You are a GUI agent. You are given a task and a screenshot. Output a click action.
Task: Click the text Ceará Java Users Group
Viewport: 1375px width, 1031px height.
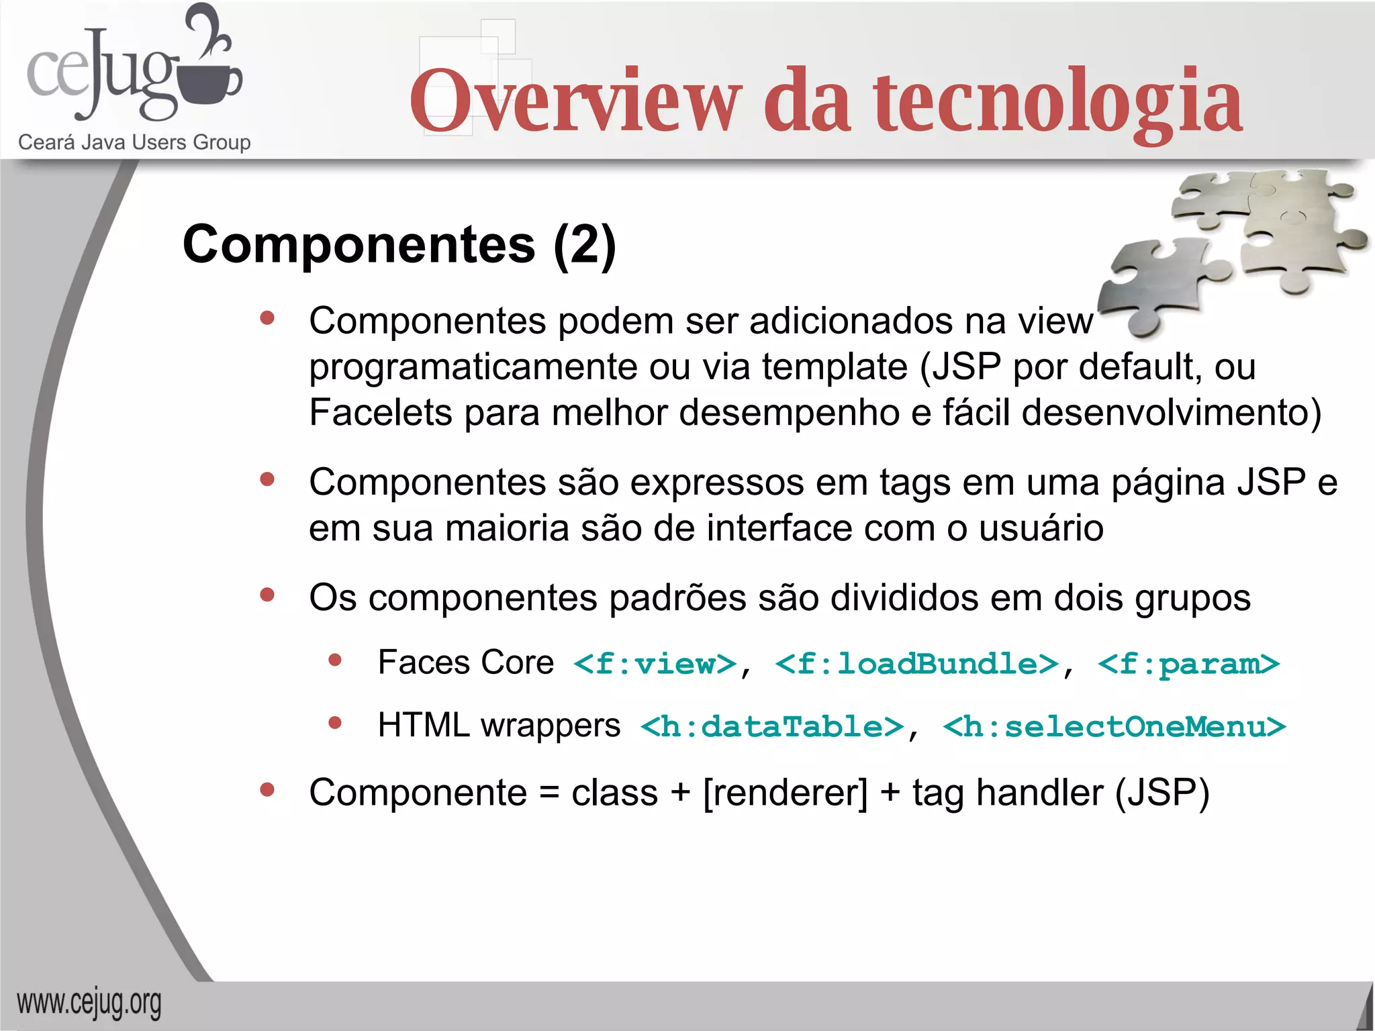(x=134, y=142)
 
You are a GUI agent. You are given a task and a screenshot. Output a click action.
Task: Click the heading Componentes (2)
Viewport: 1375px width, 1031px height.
(x=399, y=244)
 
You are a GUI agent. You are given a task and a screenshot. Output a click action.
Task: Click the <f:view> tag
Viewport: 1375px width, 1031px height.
(x=655, y=664)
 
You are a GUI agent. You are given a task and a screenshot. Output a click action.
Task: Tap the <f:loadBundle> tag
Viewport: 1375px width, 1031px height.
(x=917, y=664)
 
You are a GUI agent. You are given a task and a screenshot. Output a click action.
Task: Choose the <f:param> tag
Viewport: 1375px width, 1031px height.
(x=1188, y=664)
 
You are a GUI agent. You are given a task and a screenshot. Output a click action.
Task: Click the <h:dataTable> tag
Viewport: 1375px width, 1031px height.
(x=772, y=726)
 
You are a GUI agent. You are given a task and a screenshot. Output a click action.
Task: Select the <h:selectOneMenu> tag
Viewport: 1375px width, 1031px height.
(x=1115, y=726)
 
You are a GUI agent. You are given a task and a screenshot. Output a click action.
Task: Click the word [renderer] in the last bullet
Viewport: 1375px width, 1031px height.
(x=786, y=793)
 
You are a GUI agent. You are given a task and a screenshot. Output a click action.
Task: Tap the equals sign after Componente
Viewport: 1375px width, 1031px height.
(x=549, y=793)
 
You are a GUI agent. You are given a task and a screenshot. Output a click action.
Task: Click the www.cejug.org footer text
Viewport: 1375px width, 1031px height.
(x=89, y=1003)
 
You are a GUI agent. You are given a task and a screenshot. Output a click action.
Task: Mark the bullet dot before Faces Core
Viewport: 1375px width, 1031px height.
(x=335, y=660)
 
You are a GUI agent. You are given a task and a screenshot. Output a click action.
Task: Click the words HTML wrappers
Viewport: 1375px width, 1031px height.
(x=499, y=725)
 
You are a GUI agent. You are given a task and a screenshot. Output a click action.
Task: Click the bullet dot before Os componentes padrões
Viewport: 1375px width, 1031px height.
(x=267, y=595)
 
